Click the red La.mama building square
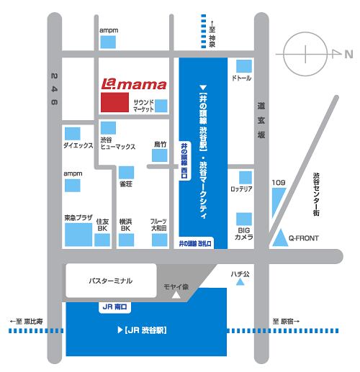[114, 102]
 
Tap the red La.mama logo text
[134, 84]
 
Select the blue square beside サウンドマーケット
[161, 106]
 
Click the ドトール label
[241, 78]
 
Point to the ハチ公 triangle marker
[240, 282]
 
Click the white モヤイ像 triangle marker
[176, 295]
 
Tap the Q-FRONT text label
[304, 238]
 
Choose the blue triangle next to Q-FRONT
[280, 238]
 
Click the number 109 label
[279, 183]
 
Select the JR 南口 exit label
[114, 307]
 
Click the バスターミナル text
[110, 281]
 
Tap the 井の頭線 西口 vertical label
[184, 160]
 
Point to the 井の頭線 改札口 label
[195, 244]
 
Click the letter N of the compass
[348, 55]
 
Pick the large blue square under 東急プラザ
[78, 235]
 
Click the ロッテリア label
[241, 189]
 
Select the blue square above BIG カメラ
[244, 219]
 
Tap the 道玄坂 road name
[261, 120]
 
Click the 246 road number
[54, 89]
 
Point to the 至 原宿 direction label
[286, 321]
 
